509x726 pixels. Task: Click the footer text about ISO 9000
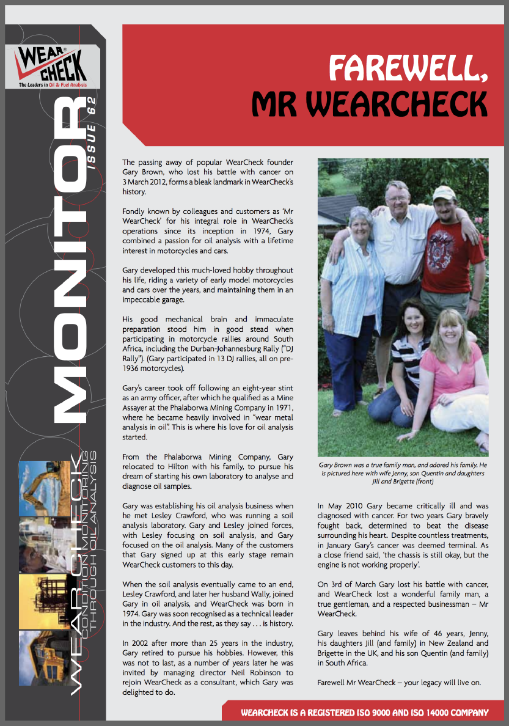tap(364, 713)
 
